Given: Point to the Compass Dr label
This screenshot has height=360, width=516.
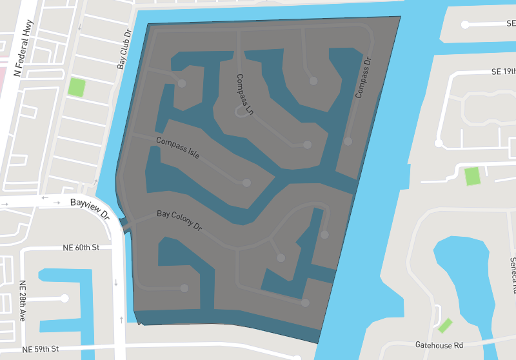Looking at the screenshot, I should [x=363, y=78].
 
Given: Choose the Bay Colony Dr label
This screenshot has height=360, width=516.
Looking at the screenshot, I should [x=179, y=221].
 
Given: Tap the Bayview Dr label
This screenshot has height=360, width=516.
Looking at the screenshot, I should [x=90, y=206].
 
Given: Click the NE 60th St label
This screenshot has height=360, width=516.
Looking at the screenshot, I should [x=81, y=248].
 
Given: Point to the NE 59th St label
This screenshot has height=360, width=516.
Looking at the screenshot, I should [x=40, y=349].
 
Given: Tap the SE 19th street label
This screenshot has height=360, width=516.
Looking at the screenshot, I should [x=503, y=72].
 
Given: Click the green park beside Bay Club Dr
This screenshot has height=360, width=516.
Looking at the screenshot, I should [x=77, y=86].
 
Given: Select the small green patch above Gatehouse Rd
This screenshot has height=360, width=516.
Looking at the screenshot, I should [x=445, y=325].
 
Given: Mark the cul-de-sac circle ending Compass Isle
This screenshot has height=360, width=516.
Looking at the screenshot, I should [x=246, y=183].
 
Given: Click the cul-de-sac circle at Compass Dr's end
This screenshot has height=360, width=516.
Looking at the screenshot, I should [x=348, y=141].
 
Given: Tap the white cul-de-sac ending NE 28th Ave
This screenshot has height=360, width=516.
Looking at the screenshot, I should [x=64, y=298].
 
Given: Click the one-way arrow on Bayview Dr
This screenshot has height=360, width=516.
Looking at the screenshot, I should [x=45, y=199].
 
